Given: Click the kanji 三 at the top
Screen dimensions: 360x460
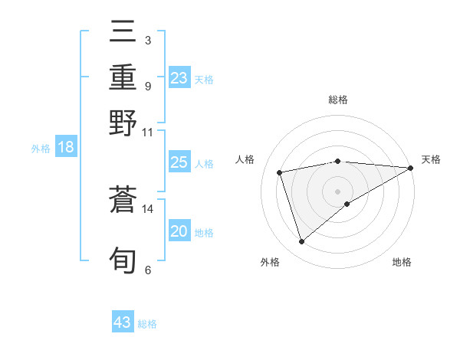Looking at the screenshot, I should (x=123, y=33).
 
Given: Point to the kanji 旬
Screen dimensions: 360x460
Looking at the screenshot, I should (x=123, y=260).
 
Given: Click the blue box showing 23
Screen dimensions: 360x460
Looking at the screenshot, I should (x=179, y=78).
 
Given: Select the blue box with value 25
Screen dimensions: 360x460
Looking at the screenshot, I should (x=179, y=162).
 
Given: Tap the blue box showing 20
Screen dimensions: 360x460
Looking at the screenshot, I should (x=179, y=231).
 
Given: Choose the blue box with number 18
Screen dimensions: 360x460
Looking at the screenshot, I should (x=66, y=147).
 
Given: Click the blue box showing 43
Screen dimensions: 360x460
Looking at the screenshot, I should (x=123, y=322).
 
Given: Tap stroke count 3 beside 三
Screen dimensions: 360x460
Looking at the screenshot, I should (x=147, y=40).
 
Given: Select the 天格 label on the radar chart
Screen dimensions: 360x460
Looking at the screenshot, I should (x=431, y=159).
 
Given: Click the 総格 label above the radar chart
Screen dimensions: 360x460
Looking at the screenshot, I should (x=338, y=100).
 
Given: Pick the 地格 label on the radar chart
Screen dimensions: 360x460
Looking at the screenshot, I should (x=402, y=262).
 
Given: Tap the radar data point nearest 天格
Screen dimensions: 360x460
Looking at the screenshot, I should (x=410, y=168).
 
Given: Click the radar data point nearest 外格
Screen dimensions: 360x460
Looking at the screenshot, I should (x=301, y=242).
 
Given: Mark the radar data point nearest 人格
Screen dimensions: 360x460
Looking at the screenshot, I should (x=280, y=172).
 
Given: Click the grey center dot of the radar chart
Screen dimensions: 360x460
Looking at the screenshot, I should (x=338, y=190).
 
